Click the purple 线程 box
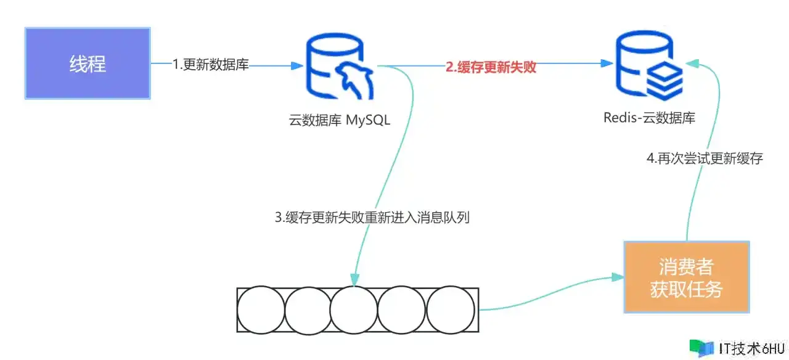point(88,63)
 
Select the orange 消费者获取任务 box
point(686,277)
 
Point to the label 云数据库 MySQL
point(339,120)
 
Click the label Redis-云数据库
point(650,118)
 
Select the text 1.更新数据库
point(211,64)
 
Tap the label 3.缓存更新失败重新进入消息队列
point(372,218)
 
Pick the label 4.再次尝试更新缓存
point(705,158)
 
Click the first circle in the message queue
point(261,309)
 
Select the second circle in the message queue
point(308,309)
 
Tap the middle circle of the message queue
point(354,309)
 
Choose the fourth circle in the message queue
point(401,309)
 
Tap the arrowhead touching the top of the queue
point(354,281)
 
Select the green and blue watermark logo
point(701,348)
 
